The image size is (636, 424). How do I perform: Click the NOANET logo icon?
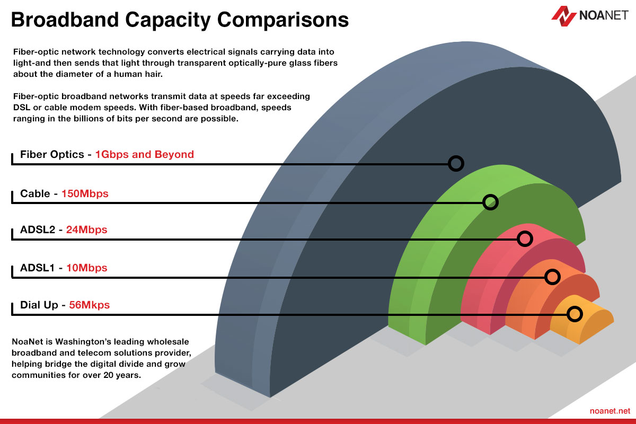pyautogui.click(x=563, y=16)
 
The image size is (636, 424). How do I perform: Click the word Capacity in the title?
pyautogui.click(x=168, y=21)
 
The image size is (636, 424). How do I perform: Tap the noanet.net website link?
pyautogui.click(x=610, y=411)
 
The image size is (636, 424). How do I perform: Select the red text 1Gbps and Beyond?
pyautogui.click(x=145, y=154)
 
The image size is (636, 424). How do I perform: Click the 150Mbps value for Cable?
pyautogui.click(x=85, y=193)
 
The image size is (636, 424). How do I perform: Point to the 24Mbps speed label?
pyautogui.click(x=86, y=229)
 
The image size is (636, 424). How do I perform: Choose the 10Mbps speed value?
pyautogui.click(x=86, y=268)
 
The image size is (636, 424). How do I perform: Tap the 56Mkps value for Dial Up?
pyautogui.click(x=89, y=305)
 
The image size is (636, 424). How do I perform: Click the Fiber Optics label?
pyautogui.click(x=52, y=154)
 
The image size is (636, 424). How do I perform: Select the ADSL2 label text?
pyautogui.click(x=38, y=229)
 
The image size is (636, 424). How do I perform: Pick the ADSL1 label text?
pyautogui.click(x=37, y=268)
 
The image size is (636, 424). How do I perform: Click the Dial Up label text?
pyautogui.click(x=39, y=305)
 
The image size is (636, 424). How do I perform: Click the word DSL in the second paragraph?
pyautogui.click(x=22, y=108)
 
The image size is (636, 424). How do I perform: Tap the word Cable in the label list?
pyautogui.click(x=35, y=193)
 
